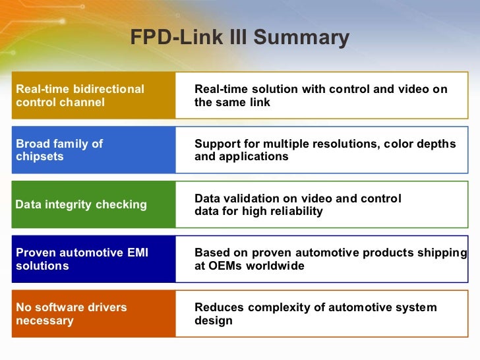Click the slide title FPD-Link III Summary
pos(239,37)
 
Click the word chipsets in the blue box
pos(40,156)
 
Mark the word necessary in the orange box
pos(44,320)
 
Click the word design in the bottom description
pos(213,320)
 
